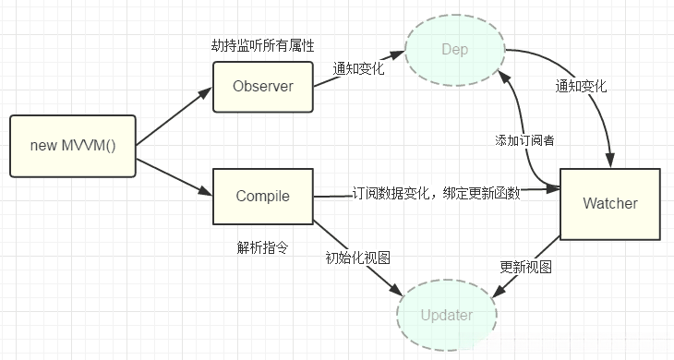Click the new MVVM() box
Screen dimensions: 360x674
(73, 146)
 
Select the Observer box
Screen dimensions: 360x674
(263, 87)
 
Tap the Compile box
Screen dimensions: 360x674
(263, 196)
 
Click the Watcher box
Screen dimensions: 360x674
(610, 202)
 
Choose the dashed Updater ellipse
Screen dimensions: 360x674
(447, 315)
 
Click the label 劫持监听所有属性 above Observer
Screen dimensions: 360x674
(262, 46)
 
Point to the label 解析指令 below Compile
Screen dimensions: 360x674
(260, 247)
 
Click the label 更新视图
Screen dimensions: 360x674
(526, 266)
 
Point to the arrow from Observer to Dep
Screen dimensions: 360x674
(360, 77)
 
